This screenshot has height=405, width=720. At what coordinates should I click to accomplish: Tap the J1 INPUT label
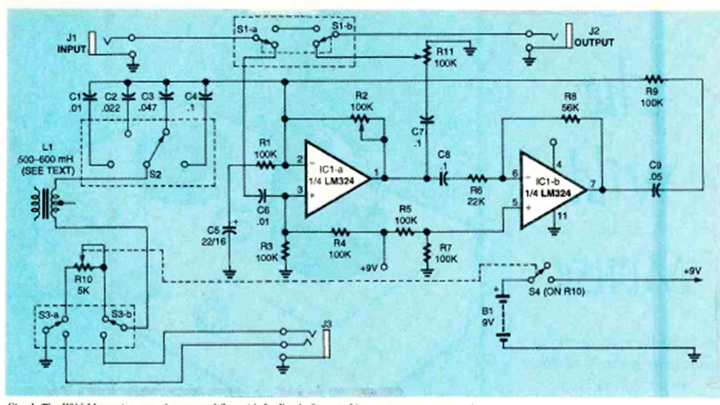pos(72,43)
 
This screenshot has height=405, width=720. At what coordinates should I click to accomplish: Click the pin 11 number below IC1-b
pos(562,216)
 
